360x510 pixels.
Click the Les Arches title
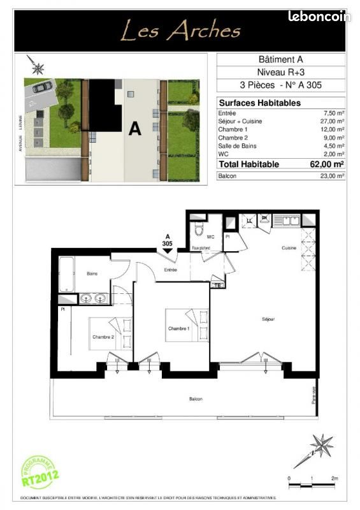181,30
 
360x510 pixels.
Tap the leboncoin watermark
319,17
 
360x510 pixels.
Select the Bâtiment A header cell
281,60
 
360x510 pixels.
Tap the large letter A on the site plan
134,128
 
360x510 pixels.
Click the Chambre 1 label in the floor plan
179,328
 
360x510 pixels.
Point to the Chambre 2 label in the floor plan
103,337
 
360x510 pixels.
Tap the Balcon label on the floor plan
196,398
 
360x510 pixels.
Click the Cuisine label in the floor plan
290,248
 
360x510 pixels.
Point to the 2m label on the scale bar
334,478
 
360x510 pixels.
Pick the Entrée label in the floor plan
170,270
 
